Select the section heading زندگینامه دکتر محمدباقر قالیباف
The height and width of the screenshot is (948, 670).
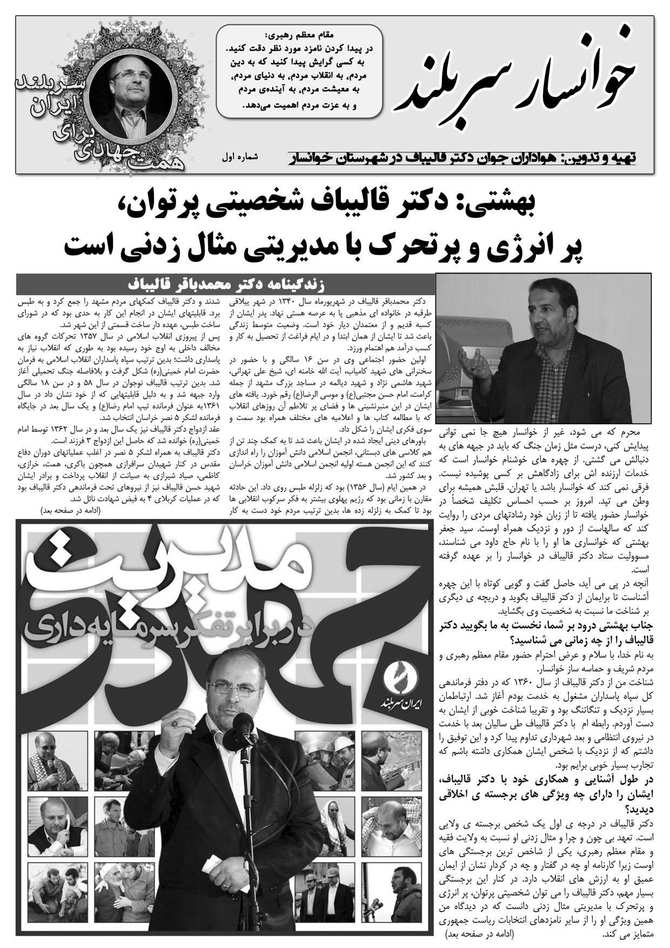(227, 284)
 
